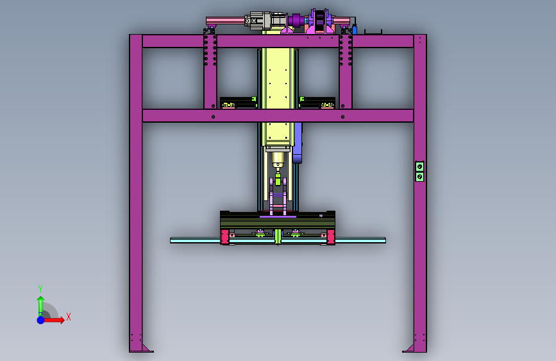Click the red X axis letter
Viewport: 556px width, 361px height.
[69, 317]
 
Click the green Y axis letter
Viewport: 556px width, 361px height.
[40, 288]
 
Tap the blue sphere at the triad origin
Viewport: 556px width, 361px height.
[41, 320]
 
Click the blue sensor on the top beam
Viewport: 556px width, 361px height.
[354, 30]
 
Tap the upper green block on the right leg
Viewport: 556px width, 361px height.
[419, 166]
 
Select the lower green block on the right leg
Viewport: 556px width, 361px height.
[419, 177]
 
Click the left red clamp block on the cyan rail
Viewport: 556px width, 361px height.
[225, 237]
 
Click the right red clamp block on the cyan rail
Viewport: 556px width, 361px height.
[331, 237]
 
